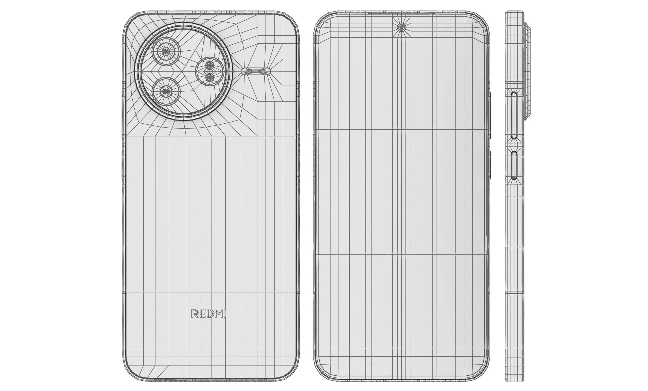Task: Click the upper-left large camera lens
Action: coord(166,51)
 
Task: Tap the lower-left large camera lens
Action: coord(166,91)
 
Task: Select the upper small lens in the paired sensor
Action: coord(210,65)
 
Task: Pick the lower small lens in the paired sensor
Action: coord(210,77)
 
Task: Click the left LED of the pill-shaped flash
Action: coord(250,71)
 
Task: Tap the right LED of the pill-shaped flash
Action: coord(261,71)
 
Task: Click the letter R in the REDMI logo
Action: coord(195,313)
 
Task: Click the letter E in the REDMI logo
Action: coord(202,313)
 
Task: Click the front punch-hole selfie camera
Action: coord(401,27)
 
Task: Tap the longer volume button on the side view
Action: coord(514,115)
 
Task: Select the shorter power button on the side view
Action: coord(514,165)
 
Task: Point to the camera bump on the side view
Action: coord(527,71)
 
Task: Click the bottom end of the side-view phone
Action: coord(514,379)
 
